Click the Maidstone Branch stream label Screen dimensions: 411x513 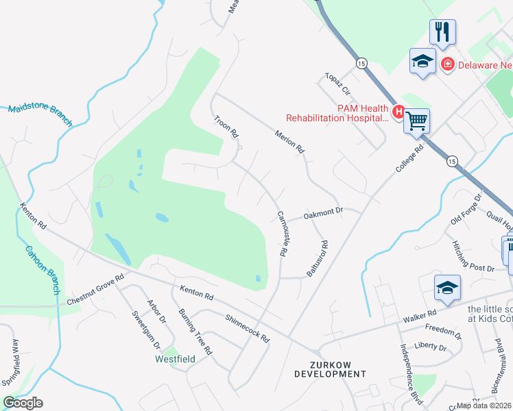click(x=40, y=115)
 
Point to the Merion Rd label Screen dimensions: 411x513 click(x=289, y=141)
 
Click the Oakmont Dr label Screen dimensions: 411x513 click(x=322, y=213)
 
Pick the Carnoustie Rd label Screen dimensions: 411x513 click(x=281, y=233)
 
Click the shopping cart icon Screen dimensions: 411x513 click(x=417, y=121)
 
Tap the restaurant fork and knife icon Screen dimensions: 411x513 click(x=442, y=31)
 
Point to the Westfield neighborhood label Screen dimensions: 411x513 click(x=175, y=359)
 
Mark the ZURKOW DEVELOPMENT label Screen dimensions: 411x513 click(x=330, y=369)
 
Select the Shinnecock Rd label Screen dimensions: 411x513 click(x=248, y=329)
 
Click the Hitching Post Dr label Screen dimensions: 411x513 click(x=473, y=257)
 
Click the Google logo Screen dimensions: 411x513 click(x=23, y=403)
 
